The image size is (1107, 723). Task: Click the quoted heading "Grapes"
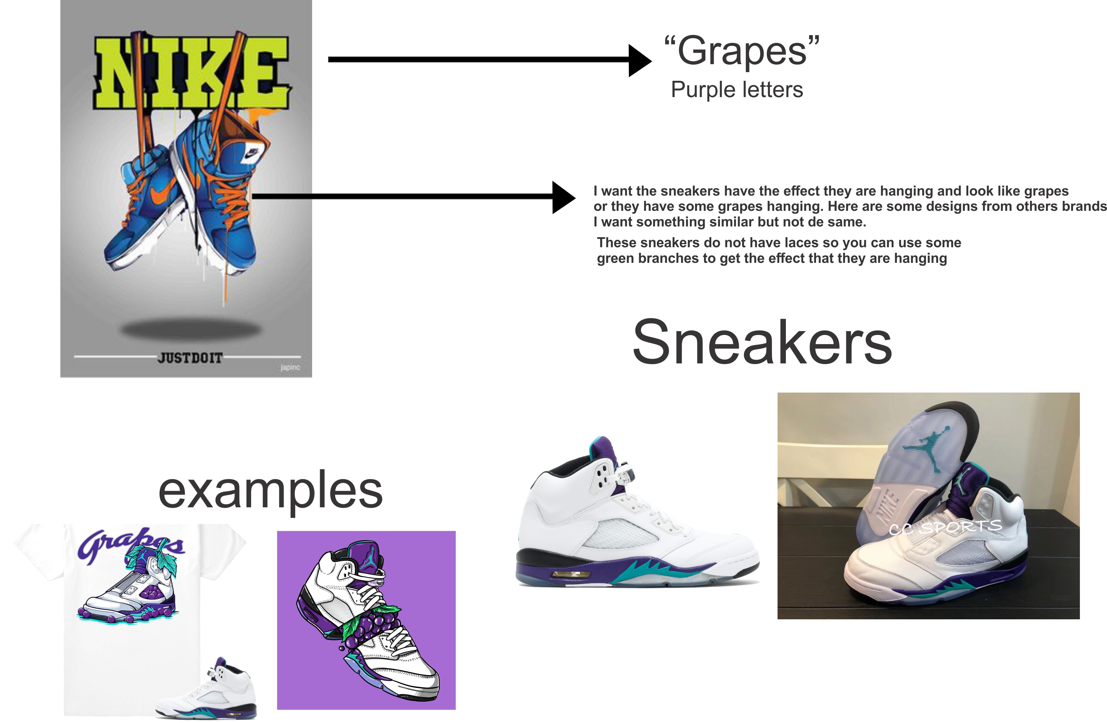pyautogui.click(x=742, y=51)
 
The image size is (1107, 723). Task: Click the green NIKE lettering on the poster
pyautogui.click(x=192, y=72)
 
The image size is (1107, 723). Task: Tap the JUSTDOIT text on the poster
pyautogui.click(x=190, y=358)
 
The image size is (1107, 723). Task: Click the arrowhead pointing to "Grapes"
pyautogui.click(x=640, y=60)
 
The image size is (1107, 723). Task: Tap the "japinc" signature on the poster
pyautogui.click(x=290, y=367)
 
